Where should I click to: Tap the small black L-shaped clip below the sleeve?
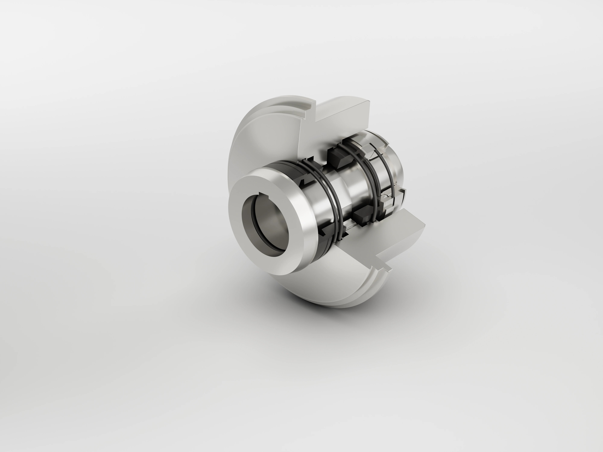click(324, 232)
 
